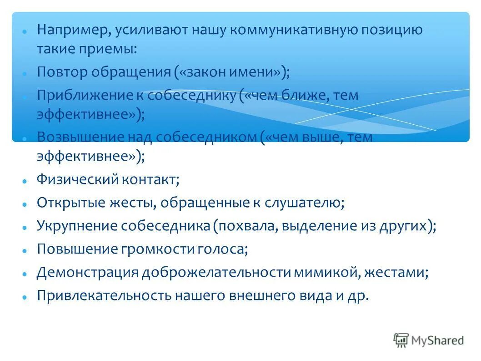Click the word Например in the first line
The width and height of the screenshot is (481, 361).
(73, 31)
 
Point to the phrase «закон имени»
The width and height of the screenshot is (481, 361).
(231, 72)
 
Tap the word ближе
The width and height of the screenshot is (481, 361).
(313, 96)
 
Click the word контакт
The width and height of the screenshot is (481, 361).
(150, 179)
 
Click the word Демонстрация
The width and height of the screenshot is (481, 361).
(87, 273)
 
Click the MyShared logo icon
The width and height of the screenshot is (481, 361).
(401, 340)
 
